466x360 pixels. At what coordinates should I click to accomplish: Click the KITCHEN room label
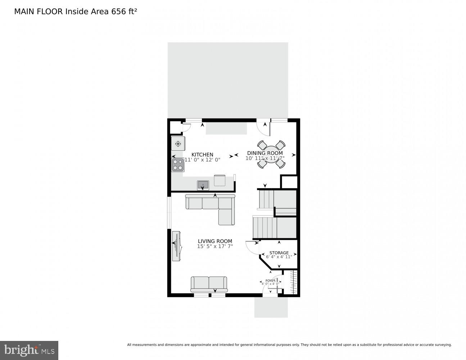pos(202,155)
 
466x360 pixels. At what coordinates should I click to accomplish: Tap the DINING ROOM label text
pos(264,153)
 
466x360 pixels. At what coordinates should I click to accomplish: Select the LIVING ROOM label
pos(215,241)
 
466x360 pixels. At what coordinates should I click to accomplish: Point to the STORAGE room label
pos(279,253)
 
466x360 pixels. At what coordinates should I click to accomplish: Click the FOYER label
pos(270,280)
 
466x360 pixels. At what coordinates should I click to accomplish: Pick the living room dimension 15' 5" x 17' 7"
pos(215,247)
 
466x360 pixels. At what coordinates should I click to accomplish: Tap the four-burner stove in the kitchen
pos(178,165)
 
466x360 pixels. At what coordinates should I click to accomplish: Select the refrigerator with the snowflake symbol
pos(178,144)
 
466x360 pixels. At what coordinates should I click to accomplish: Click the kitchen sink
pos(203,185)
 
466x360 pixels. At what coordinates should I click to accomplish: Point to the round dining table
pos(271,155)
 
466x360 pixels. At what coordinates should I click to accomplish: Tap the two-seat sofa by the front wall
pos(209,284)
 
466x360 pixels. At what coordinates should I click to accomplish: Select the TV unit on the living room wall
pos(177,246)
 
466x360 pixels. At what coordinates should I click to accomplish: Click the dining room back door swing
pos(263,129)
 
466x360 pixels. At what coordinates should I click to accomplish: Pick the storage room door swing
pos(252,247)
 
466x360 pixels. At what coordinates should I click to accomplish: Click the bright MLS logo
pos(29,350)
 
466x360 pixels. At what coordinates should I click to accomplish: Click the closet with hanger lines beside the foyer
pos(293,283)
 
